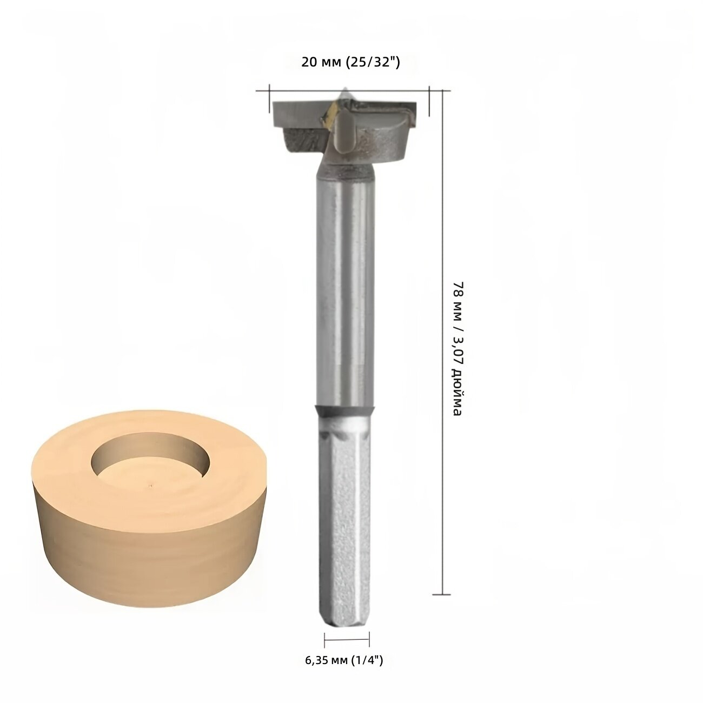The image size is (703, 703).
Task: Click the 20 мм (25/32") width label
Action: tap(350, 63)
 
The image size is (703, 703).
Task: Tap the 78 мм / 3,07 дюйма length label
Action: tap(457, 348)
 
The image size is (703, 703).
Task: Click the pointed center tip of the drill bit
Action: tap(344, 88)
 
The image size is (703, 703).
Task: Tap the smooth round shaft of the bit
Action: tap(345, 292)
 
